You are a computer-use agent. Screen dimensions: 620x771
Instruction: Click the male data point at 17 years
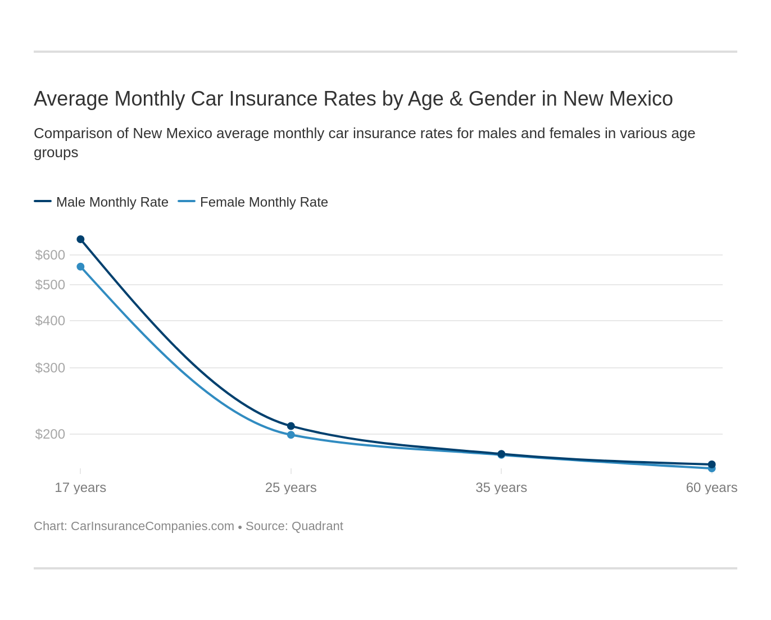point(80,239)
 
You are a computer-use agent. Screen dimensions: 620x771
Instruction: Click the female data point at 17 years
point(80,267)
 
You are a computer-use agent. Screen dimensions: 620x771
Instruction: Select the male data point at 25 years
point(291,426)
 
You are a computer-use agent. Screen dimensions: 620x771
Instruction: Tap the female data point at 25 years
point(291,435)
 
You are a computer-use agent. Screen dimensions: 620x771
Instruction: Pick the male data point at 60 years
point(711,464)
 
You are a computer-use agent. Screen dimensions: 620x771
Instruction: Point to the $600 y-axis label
point(50,255)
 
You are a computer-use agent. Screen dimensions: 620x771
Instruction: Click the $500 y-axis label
point(50,285)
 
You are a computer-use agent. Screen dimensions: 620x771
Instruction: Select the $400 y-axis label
point(50,321)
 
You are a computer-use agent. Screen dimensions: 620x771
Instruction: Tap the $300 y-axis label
point(50,368)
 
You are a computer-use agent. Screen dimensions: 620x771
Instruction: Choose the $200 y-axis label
point(50,434)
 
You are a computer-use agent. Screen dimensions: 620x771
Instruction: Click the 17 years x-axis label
point(80,487)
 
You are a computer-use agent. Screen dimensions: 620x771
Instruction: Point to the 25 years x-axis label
point(291,487)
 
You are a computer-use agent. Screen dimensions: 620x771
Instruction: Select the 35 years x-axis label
point(501,487)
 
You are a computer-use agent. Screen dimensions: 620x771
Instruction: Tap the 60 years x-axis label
point(711,487)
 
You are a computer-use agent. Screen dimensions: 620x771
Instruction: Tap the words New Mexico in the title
point(618,99)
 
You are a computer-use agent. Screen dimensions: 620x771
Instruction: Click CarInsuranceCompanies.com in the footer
point(152,526)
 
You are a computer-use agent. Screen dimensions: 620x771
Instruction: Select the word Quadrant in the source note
point(317,526)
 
